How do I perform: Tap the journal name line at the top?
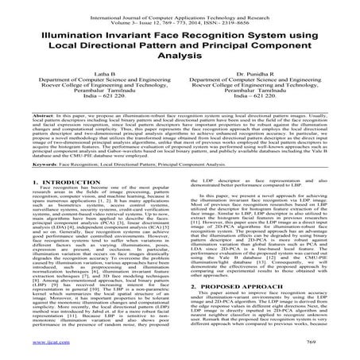(180, 9)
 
